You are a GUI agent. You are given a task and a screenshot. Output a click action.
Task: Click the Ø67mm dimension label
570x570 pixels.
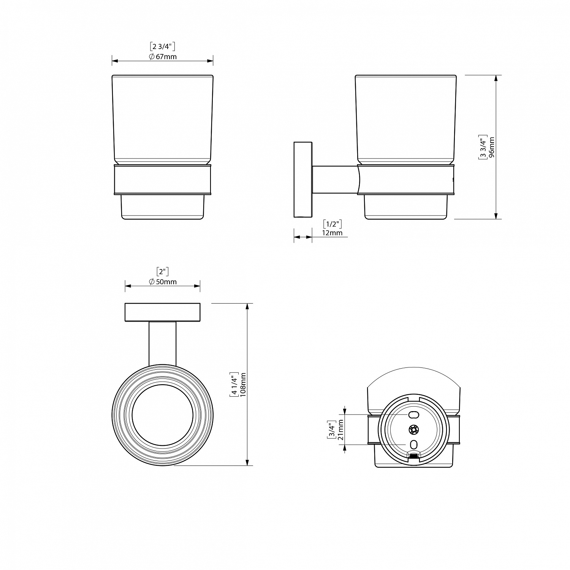(163, 57)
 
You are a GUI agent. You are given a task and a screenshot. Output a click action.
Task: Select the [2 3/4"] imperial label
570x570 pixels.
(163, 47)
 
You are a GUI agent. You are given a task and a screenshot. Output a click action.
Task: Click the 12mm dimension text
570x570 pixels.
(332, 233)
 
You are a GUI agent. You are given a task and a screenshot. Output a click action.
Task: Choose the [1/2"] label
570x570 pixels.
(332, 223)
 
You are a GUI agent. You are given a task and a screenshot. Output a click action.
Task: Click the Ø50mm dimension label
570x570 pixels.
(163, 282)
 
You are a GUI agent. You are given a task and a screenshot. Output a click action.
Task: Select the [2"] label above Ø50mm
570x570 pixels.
(163, 271)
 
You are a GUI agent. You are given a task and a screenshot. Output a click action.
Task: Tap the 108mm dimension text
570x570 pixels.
(243, 385)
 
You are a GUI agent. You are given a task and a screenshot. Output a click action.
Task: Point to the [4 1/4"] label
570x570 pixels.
(234, 385)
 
